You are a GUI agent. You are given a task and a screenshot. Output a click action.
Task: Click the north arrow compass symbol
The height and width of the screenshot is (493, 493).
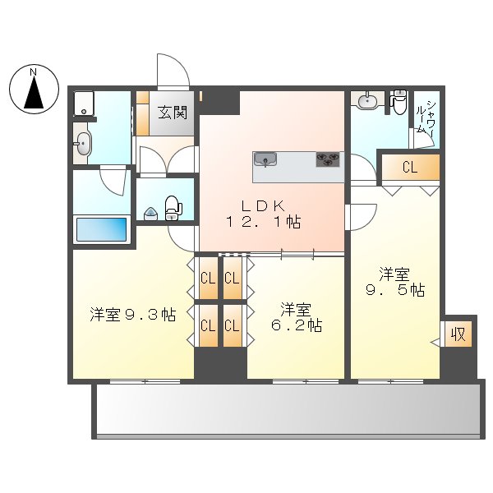[x=34, y=90]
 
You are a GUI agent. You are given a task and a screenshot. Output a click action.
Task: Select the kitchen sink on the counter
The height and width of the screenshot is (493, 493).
[x=266, y=159]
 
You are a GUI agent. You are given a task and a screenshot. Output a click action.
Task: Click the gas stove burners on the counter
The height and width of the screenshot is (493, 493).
[x=328, y=159]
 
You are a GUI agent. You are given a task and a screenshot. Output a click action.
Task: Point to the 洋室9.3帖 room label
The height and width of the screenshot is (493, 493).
[x=132, y=315]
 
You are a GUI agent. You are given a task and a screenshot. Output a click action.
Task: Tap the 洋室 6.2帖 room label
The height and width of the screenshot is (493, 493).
[x=295, y=317]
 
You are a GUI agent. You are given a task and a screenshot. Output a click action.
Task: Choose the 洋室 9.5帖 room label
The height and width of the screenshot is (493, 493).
[x=394, y=282]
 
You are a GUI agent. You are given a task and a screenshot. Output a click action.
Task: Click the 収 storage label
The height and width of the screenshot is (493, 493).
[x=458, y=335]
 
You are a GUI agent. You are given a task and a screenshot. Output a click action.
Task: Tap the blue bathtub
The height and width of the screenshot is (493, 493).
[x=102, y=229]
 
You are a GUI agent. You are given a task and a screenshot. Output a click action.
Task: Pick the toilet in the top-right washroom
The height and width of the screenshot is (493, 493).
[x=399, y=102]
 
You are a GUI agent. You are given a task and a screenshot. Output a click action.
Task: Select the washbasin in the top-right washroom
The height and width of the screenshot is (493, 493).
[x=367, y=102]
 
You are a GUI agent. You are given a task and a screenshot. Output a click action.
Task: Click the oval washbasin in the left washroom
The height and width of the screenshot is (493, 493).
[x=84, y=146]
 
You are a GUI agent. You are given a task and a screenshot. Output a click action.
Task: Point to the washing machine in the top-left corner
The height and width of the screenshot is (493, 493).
[x=85, y=104]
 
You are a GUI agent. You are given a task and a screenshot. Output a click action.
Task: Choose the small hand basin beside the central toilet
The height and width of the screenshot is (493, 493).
[x=151, y=214]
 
